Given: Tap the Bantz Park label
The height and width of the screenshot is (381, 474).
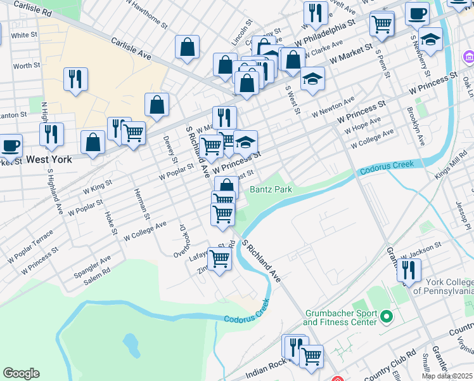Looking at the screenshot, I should click(271, 189).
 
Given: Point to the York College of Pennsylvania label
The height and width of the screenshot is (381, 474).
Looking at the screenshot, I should click(443, 286).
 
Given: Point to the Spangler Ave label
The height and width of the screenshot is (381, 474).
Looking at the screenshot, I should click(92, 262).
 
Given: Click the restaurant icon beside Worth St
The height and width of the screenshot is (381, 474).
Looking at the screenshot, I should click(75, 79).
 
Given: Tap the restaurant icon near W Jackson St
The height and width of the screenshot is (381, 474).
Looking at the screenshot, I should click(409, 269).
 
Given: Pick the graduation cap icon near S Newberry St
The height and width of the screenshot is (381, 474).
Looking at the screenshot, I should click(430, 39).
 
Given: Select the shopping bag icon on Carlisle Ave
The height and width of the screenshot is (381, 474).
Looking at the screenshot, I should click(188, 47).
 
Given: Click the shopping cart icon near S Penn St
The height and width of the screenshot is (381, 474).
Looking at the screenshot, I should click(382, 24).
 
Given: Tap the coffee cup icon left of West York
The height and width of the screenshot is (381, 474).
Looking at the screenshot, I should click(10, 145).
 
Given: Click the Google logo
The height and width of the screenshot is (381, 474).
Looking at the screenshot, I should click(21, 373).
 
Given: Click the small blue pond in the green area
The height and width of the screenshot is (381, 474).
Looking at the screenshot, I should click(131, 344).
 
